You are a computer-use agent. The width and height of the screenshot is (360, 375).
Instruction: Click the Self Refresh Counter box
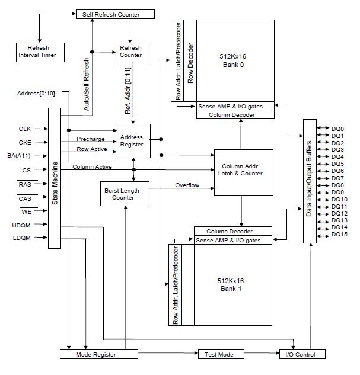[115, 14]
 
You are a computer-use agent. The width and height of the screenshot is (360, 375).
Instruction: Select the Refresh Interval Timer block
[40, 52]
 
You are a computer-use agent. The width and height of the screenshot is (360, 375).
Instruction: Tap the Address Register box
[133, 141]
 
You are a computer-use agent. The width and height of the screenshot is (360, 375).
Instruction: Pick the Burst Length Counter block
[125, 194]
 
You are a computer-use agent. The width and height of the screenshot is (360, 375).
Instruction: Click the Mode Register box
[99, 354]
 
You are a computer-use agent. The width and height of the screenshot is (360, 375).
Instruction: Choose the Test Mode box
[221, 354]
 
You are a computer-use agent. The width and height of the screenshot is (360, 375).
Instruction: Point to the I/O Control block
[302, 354]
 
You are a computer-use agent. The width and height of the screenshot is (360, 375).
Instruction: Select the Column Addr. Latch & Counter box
[244, 172]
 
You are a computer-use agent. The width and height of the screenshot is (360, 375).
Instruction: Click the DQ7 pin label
[337, 178]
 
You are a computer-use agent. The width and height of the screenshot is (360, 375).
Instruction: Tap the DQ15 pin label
[339, 235]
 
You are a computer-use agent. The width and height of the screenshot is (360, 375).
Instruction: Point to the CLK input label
[25, 129]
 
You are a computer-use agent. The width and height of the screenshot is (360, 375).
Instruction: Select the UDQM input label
[21, 226]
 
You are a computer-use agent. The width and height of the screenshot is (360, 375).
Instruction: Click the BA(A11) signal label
[19, 156]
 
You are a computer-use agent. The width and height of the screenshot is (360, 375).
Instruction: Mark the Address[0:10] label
[36, 93]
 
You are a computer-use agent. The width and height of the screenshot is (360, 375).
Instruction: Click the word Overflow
[187, 185]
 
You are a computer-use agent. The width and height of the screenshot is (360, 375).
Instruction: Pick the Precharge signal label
[91, 139]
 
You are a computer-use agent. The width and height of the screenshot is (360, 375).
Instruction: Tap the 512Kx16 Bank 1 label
[231, 284]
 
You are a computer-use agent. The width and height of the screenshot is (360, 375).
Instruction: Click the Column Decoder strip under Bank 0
[235, 114]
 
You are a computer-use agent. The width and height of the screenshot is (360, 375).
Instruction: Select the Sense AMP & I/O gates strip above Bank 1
[233, 240]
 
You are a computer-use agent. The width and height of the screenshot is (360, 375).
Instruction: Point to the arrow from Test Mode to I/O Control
[262, 353]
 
